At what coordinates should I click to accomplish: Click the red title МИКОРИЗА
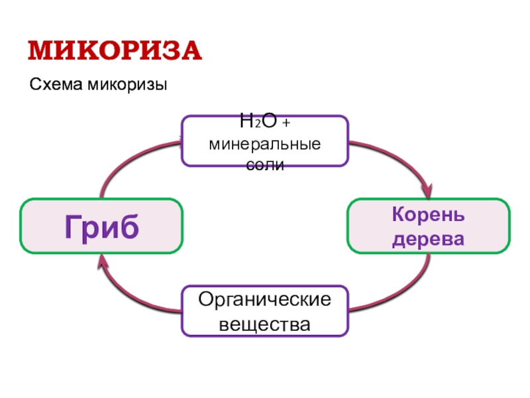tap(115, 51)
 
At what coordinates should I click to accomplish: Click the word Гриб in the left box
tap(101, 227)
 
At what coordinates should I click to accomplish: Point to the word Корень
tap(428, 216)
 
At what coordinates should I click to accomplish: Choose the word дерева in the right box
tap(428, 238)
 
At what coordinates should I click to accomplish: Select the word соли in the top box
tap(265, 164)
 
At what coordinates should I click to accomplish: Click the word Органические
tap(265, 300)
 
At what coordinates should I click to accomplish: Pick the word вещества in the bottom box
tap(265, 325)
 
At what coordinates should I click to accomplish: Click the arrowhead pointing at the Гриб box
tap(103, 263)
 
